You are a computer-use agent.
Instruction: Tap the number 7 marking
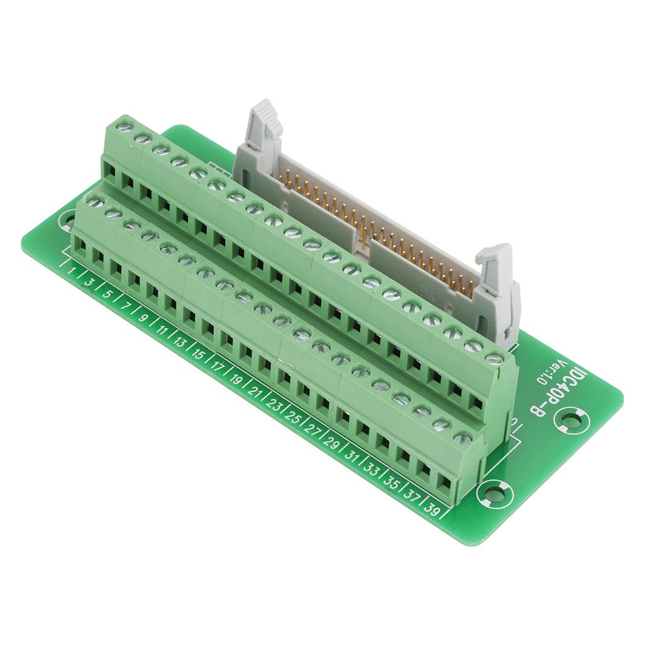coord(125,307)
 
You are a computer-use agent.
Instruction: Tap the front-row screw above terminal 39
coord(462,438)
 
